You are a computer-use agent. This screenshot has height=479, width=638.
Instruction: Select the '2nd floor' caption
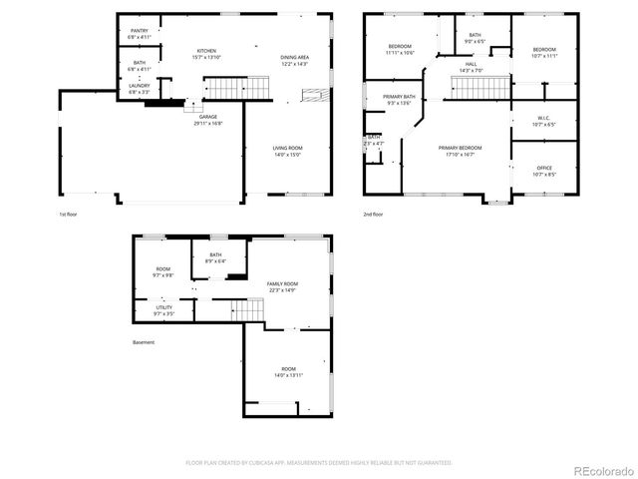(x=374, y=214)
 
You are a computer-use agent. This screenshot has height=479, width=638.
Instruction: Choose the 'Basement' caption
(x=144, y=342)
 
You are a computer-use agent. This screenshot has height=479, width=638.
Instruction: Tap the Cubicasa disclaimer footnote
(x=319, y=462)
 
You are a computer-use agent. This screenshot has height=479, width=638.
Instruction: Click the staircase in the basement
(x=247, y=309)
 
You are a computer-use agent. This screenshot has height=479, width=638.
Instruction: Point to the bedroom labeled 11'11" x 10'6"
(x=399, y=50)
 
